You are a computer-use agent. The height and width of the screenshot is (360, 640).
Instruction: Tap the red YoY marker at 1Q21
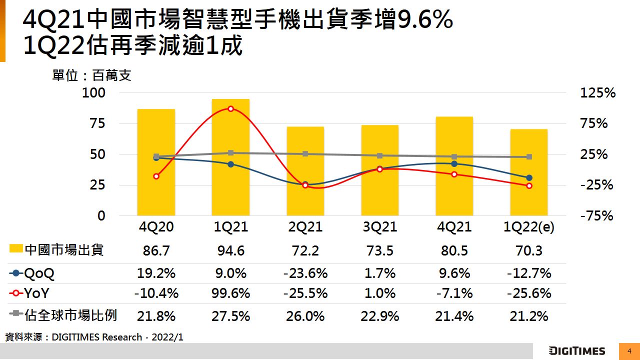[x=230, y=108]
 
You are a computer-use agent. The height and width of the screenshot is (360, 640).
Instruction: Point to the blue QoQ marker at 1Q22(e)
[x=529, y=177]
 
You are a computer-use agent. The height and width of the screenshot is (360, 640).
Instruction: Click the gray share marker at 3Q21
[x=380, y=156]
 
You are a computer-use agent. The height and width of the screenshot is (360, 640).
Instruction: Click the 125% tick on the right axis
[x=597, y=93]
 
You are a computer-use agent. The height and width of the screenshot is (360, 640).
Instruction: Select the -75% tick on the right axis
[x=596, y=216]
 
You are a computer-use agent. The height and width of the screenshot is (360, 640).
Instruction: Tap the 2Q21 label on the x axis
[x=305, y=227]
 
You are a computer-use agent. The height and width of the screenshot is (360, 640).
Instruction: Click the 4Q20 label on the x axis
[x=156, y=227]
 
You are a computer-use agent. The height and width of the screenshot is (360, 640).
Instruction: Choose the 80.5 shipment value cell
[x=454, y=250]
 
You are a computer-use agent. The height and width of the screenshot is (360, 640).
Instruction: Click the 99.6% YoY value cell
[x=230, y=293]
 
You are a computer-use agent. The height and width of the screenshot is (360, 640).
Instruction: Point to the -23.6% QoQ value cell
[x=305, y=273]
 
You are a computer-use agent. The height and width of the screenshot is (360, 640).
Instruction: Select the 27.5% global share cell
[x=230, y=316]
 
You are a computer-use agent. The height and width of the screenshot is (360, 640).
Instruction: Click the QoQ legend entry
[x=32, y=273]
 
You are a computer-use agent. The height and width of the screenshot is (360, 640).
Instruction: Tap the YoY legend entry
[x=29, y=293]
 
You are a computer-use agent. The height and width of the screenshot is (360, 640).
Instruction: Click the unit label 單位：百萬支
[x=92, y=76]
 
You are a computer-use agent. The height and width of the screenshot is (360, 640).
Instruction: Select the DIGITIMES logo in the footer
[x=576, y=351]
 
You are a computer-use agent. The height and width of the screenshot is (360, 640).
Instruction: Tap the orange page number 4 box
[x=629, y=351]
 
